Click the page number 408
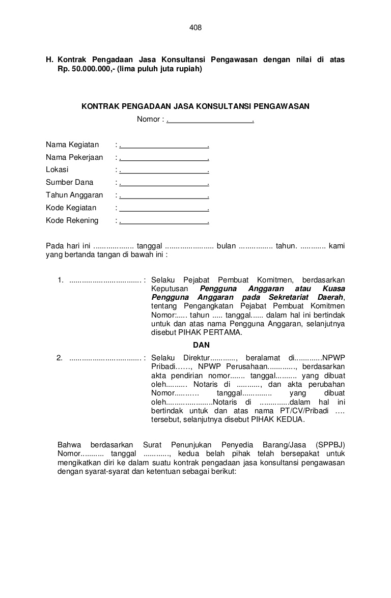pyautogui.click(x=195, y=28)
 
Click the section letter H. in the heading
pyautogui.click(x=50, y=60)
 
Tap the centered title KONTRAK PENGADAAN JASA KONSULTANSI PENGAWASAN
pyautogui.click(x=195, y=106)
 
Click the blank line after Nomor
pyautogui.click(x=210, y=120)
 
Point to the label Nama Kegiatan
pyautogui.click(x=72, y=145)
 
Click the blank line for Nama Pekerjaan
pyautogui.click(x=164, y=158)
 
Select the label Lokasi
pyautogui.click(x=57, y=170)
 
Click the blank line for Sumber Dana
pyautogui.click(x=164, y=183)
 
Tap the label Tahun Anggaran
pyautogui.click(x=74, y=195)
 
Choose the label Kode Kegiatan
pyautogui.click(x=71, y=208)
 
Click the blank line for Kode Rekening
pyautogui.click(x=164, y=221)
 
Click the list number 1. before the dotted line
pyautogui.click(x=60, y=280)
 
